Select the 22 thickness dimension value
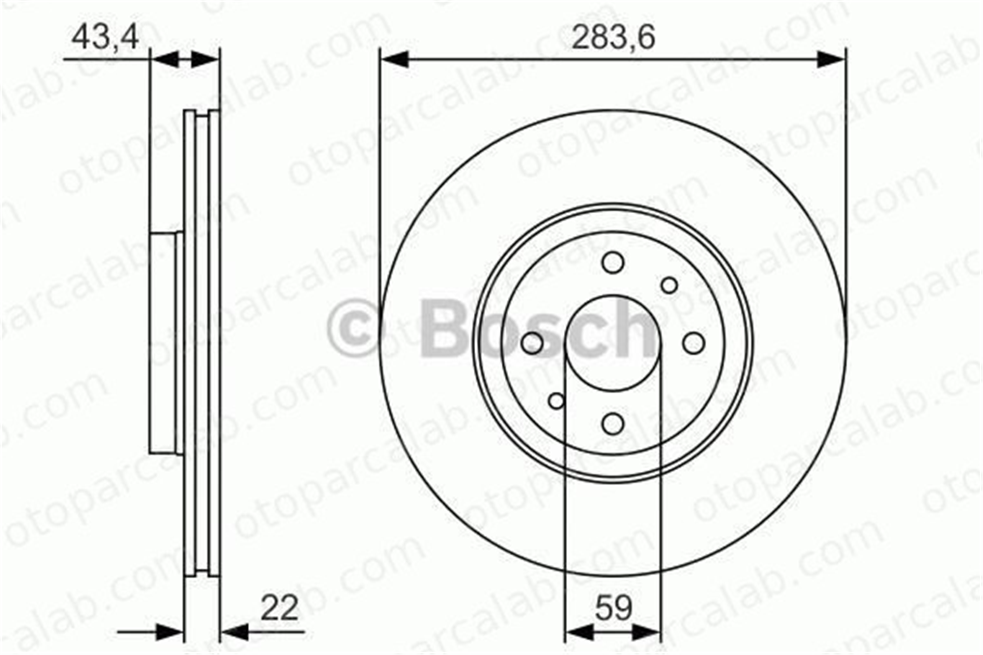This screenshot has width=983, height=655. pyautogui.click(x=279, y=608)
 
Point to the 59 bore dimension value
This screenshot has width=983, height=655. pyautogui.click(x=613, y=608)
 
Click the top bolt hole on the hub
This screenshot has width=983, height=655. pyautogui.click(x=613, y=262)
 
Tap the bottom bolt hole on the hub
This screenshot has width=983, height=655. pyautogui.click(x=613, y=423)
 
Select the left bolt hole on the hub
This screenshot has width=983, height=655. pyautogui.click(x=532, y=342)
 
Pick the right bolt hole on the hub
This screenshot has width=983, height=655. pyautogui.click(x=694, y=342)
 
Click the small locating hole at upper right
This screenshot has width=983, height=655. pyautogui.click(x=669, y=285)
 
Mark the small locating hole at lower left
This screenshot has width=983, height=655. pyautogui.click(x=556, y=401)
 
